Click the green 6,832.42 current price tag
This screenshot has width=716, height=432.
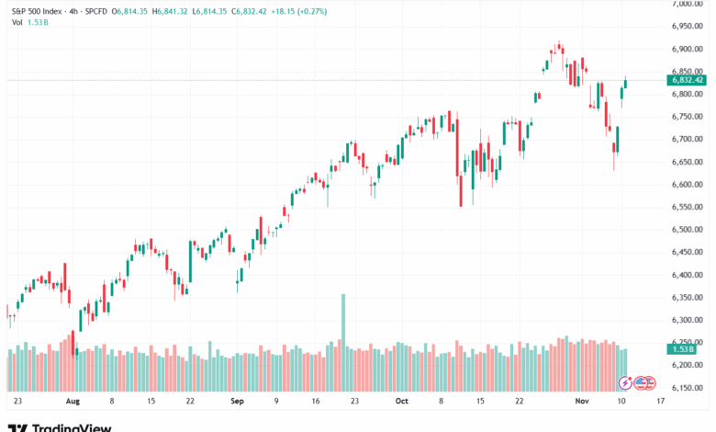pyautogui.click(x=688, y=80)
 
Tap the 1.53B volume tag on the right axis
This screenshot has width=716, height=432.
pyautogui.click(x=684, y=349)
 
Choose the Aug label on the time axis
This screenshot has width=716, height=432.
pyautogui.click(x=73, y=402)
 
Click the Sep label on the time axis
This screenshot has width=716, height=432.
pyautogui.click(x=238, y=402)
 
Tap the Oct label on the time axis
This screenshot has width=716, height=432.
pyautogui.click(x=400, y=402)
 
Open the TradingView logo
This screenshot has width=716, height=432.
pyautogui.click(x=60, y=426)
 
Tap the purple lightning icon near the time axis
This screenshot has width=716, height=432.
pyautogui.click(x=624, y=382)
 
